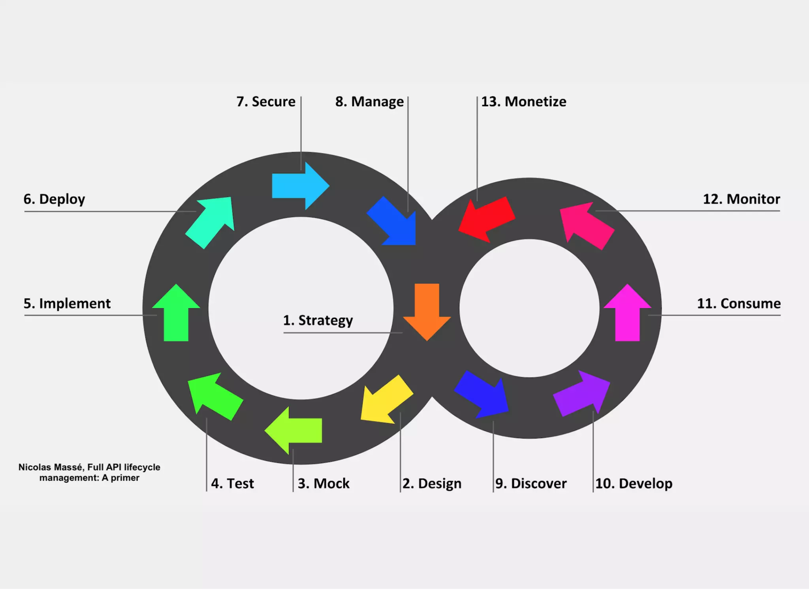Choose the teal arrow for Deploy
pos(211,222)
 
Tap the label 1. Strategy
pos(318,320)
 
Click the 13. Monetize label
pos(524,102)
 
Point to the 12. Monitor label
pos(741,199)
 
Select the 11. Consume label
pos(739,304)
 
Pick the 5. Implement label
pos(67,304)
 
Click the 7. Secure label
pos(266,102)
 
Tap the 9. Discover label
pos(531,484)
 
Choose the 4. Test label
pos(233,484)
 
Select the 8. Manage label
pos(370,102)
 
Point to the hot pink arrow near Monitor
pos(587,225)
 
